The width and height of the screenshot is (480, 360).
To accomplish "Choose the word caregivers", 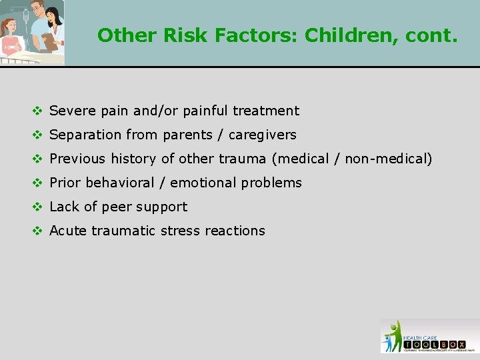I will (262, 135).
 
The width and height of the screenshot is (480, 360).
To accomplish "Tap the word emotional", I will (203, 183).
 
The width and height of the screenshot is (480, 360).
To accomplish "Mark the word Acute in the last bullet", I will (69, 231).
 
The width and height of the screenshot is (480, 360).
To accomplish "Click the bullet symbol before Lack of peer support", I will (39, 207).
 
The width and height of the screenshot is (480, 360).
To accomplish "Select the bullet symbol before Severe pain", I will (39, 111).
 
